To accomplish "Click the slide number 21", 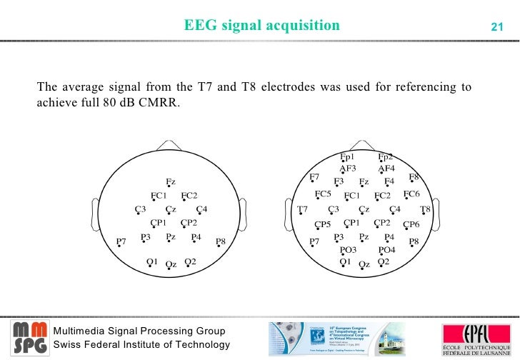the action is coord(497,27).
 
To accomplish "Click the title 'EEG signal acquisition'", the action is coord(261,26).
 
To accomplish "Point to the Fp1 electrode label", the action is coord(348,156).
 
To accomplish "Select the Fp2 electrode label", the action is coord(386,156).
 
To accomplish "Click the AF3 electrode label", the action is coord(348,169).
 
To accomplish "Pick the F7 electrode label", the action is coord(315,176).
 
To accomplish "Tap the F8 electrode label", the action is coord(414,176).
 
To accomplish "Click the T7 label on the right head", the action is coord(302,209).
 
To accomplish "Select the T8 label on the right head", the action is coord(425,209).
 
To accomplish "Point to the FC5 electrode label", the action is coord(323,194).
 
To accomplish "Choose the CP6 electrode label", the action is coord(411,224).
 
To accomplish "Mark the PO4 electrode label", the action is coord(386,250).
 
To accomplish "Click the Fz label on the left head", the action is coord(171,181).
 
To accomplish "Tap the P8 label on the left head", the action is coord(221,241).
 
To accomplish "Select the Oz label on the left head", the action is coord(171,264).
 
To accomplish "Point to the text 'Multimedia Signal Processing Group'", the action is coord(140,331).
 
